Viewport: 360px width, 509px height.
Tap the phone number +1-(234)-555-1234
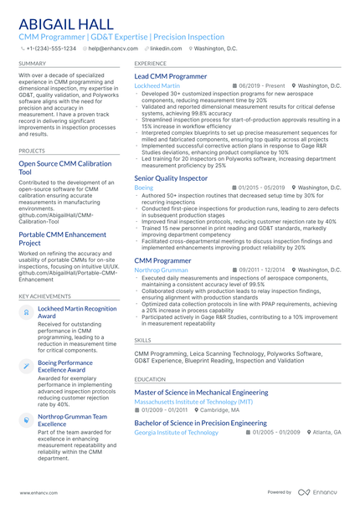(x=53, y=49)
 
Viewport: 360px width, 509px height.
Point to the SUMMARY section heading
(x=33, y=64)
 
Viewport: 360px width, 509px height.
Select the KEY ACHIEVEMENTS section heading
(x=45, y=296)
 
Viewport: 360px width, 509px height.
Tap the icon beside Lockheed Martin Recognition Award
(x=26, y=312)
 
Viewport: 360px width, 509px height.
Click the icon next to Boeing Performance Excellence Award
(x=26, y=367)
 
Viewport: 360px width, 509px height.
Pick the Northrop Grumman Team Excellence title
(x=73, y=419)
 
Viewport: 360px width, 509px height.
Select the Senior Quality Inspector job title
(x=171, y=178)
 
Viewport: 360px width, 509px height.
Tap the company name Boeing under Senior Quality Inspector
(x=144, y=188)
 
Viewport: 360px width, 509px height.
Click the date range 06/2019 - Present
(x=259, y=86)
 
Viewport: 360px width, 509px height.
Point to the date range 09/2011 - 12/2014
(x=259, y=270)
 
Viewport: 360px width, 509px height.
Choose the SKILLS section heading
(x=143, y=341)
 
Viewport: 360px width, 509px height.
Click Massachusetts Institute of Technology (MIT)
(x=193, y=402)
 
